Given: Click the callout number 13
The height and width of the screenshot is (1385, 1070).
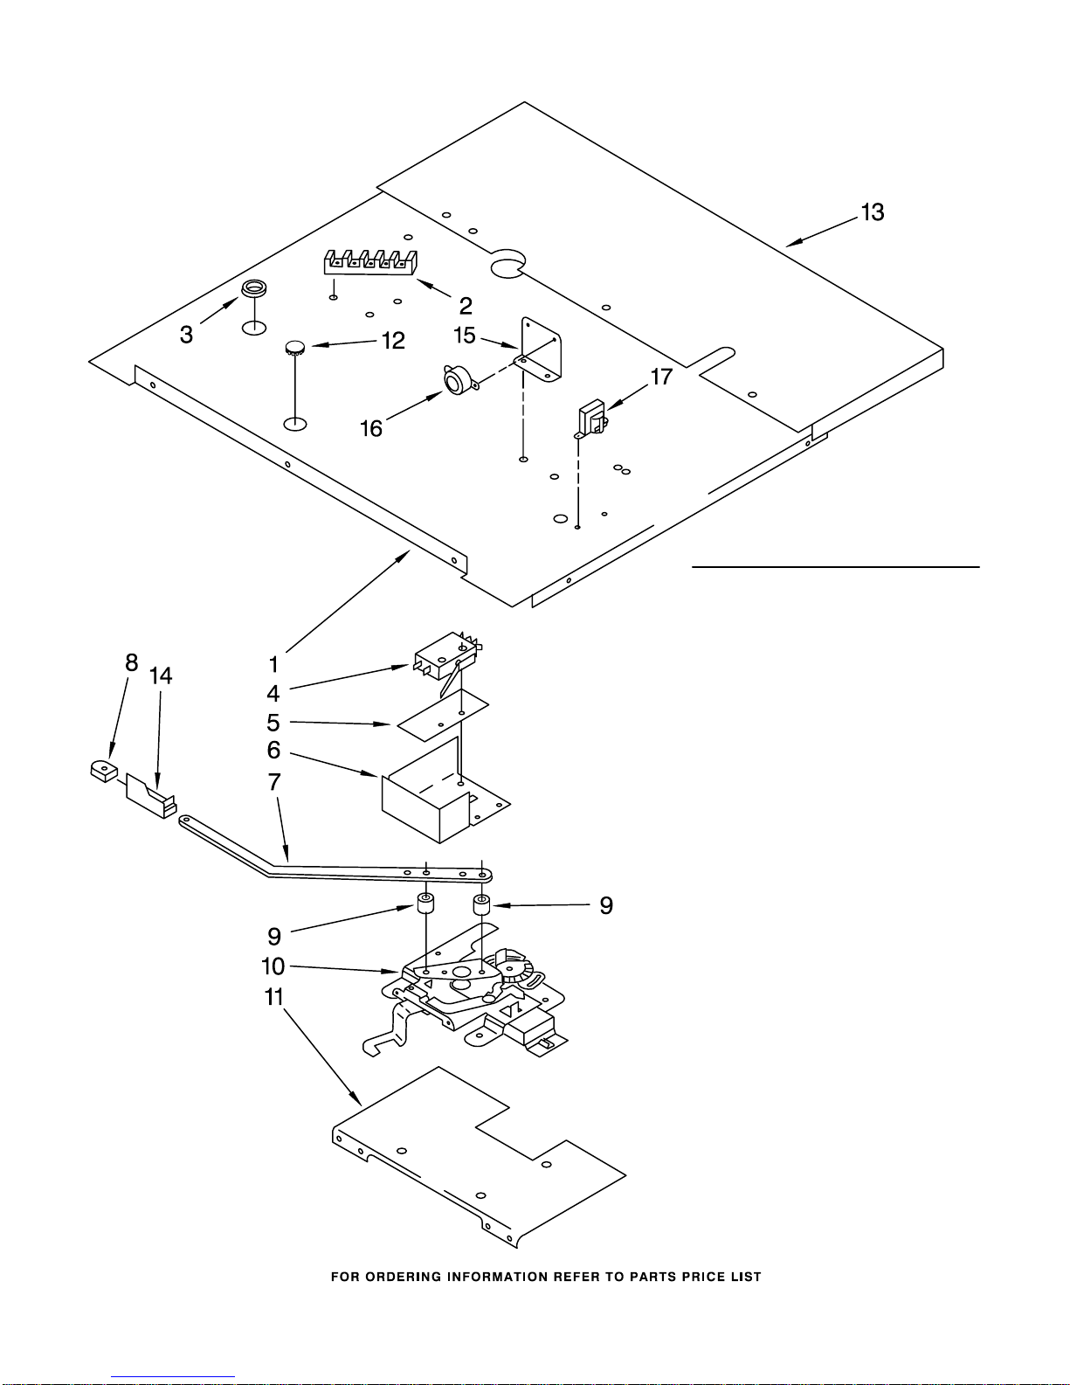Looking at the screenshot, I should [x=872, y=212].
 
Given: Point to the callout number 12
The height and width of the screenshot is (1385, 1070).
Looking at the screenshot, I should [x=393, y=340].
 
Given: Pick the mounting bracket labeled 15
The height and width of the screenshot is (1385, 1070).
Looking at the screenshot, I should [x=542, y=350].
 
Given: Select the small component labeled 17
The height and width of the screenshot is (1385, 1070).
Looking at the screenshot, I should [x=592, y=418].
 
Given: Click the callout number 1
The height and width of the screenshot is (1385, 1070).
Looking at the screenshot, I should [x=273, y=664].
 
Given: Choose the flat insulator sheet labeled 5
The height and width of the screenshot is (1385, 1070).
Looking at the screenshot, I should [x=443, y=715].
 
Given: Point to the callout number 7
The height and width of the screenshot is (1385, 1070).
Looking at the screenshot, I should [x=274, y=781].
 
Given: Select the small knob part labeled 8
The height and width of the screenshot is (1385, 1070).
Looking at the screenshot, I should [x=104, y=771].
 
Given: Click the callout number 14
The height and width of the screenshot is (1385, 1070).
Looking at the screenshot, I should [x=161, y=675].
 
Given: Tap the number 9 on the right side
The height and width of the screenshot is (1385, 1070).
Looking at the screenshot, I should [x=605, y=905].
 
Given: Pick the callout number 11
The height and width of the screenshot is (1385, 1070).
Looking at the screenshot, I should [x=273, y=996].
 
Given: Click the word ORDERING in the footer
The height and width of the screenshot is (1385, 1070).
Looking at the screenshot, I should [x=403, y=1277].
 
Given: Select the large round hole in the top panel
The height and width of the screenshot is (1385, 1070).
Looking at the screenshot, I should [x=507, y=266].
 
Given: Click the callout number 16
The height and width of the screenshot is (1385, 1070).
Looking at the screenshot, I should [x=371, y=428].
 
